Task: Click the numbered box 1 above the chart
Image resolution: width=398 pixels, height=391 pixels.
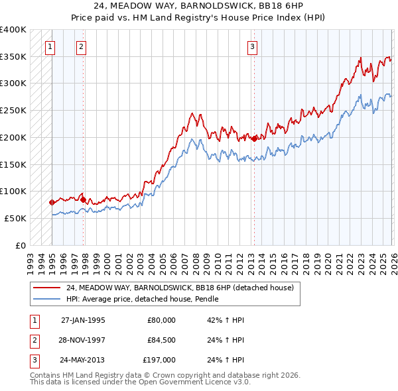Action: (51, 46)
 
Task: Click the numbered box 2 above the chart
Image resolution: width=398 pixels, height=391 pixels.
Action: (81, 46)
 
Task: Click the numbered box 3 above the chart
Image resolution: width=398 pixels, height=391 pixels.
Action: (253, 46)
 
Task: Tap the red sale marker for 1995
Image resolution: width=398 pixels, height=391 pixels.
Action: (52, 202)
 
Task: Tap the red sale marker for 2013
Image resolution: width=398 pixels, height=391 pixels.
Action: (254, 139)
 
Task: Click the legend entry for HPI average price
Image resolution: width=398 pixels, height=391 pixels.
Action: (143, 300)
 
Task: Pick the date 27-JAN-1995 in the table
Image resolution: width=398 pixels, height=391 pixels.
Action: (83, 319)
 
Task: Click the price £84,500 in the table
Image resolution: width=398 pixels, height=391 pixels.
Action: (161, 341)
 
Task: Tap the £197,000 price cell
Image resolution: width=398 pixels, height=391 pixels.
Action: (160, 361)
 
